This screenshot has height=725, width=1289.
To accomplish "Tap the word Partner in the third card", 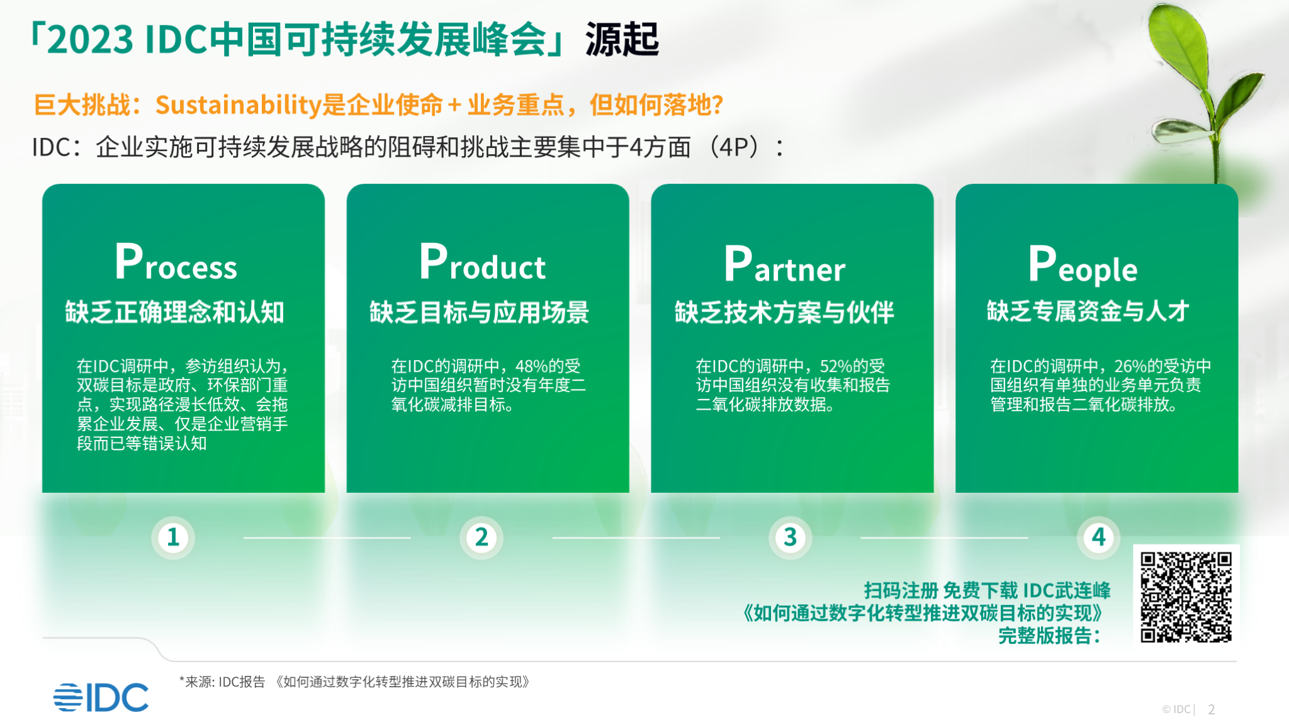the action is pyautogui.click(x=784, y=264).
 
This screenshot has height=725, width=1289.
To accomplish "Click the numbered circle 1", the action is pyautogui.click(x=173, y=537).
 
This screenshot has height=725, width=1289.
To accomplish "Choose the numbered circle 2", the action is pyautogui.click(x=481, y=537).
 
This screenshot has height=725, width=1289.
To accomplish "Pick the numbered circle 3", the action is pyautogui.click(x=790, y=537).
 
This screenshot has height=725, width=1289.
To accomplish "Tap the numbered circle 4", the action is pyautogui.click(x=1098, y=537).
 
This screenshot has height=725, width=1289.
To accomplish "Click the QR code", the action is pyautogui.click(x=1186, y=597).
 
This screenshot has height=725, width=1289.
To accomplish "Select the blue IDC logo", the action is pyautogui.click(x=101, y=697).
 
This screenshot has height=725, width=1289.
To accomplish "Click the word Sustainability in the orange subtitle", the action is pyautogui.click(x=239, y=105).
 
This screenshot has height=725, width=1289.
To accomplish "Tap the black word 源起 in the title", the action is pyautogui.click(x=622, y=39).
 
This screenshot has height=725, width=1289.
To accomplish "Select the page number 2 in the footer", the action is pyautogui.click(x=1212, y=709).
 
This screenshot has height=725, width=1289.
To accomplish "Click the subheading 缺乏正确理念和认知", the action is pyautogui.click(x=175, y=312).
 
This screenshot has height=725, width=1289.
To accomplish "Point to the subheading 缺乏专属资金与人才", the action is pyautogui.click(x=1088, y=311).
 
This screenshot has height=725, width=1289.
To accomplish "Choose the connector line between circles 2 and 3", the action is pyautogui.click(x=636, y=537).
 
